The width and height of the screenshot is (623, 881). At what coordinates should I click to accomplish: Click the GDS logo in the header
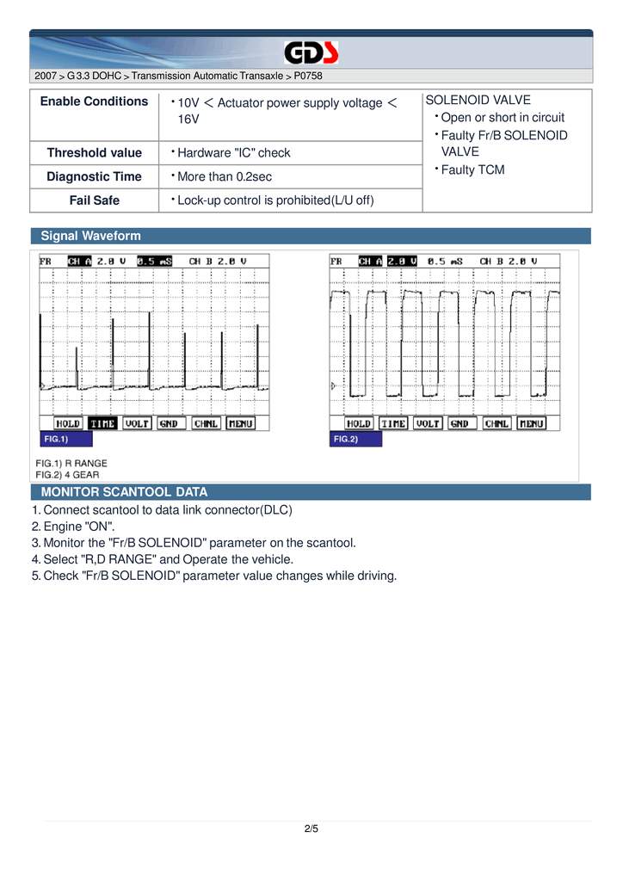[311, 54]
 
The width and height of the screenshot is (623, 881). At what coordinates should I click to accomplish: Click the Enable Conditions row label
[94, 102]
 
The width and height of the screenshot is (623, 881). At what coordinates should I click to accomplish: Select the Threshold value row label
[94, 153]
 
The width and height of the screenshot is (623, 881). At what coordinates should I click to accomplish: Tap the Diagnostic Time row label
[94, 176]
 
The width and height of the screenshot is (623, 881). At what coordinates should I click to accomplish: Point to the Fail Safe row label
[94, 200]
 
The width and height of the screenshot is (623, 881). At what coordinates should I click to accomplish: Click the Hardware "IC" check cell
[233, 153]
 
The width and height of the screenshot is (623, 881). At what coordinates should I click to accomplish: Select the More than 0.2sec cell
[224, 177]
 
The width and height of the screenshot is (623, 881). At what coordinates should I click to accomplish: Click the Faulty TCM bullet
[472, 169]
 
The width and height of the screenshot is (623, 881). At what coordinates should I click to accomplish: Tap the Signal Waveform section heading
[91, 236]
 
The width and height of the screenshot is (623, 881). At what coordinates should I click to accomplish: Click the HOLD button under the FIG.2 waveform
[358, 423]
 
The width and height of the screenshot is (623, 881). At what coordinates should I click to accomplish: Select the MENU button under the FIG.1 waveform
[240, 423]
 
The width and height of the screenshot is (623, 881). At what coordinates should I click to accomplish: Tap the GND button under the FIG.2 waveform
[460, 423]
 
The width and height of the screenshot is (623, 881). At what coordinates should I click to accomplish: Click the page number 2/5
[311, 829]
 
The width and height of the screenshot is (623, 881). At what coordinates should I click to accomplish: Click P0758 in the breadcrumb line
[308, 77]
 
